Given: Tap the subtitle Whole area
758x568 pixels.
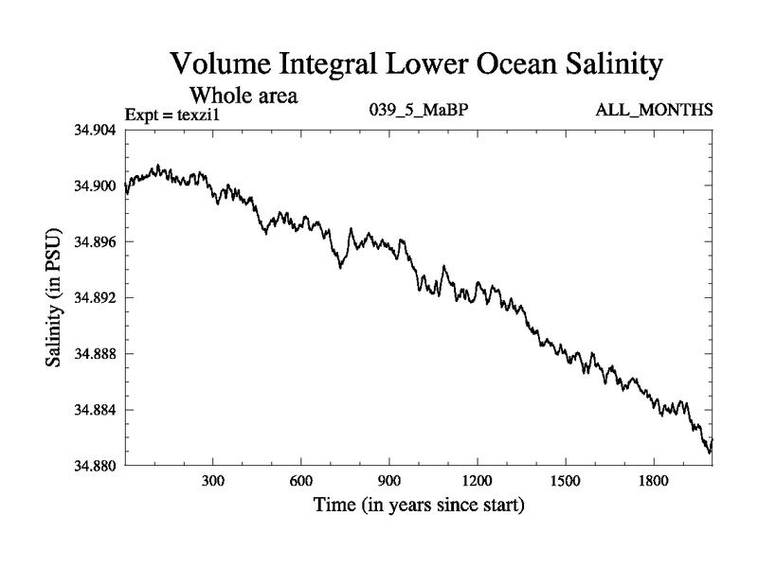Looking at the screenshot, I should (x=244, y=95).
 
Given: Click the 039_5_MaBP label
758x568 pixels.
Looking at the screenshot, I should (x=418, y=110).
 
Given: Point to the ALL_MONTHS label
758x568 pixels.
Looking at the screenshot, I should (x=654, y=110).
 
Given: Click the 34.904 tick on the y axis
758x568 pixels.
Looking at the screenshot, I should (x=93, y=130).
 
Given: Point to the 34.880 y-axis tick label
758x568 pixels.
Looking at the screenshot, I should (x=93, y=466).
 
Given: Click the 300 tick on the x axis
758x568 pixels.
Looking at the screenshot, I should (x=212, y=481).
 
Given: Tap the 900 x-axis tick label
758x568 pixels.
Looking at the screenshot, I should (x=388, y=481).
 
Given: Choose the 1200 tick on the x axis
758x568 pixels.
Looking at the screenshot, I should (x=477, y=481).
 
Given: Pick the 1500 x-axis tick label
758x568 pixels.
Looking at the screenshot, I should (x=565, y=481).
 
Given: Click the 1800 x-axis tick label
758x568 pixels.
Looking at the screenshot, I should (x=653, y=481).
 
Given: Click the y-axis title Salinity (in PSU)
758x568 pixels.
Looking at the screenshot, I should (x=51, y=298).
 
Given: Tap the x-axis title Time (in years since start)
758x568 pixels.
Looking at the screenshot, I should (x=419, y=506).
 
